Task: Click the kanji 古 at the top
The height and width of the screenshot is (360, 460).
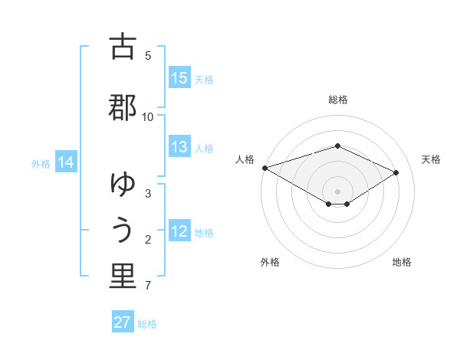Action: [x=123, y=47]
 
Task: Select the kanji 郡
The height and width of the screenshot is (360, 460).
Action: [x=123, y=108]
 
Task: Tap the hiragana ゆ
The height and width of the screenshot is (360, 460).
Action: [x=123, y=185]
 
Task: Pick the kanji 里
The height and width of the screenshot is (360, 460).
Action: [x=123, y=277]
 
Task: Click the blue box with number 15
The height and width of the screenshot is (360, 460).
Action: [x=179, y=78]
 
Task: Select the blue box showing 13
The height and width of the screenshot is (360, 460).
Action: [x=179, y=147]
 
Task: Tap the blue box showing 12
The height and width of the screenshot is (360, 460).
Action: [x=179, y=231]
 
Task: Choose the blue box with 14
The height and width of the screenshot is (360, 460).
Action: [x=66, y=162]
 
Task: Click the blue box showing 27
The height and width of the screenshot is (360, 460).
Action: [x=123, y=322]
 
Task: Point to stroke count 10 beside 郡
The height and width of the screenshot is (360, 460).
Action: [x=148, y=116]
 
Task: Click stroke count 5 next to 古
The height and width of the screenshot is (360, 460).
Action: [x=148, y=55]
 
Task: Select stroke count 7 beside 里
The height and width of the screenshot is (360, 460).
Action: [x=148, y=286]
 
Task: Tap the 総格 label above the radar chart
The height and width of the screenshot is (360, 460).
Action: [x=337, y=100]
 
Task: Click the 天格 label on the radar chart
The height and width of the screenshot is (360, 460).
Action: [x=431, y=159]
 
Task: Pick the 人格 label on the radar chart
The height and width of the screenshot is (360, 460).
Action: [x=245, y=159]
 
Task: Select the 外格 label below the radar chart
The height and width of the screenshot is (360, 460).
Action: [x=270, y=262]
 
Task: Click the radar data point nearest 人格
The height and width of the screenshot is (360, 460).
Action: [x=264, y=168]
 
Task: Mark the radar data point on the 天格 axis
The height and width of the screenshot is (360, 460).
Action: [x=396, y=172]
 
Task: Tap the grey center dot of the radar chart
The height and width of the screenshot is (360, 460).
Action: [x=337, y=191]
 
